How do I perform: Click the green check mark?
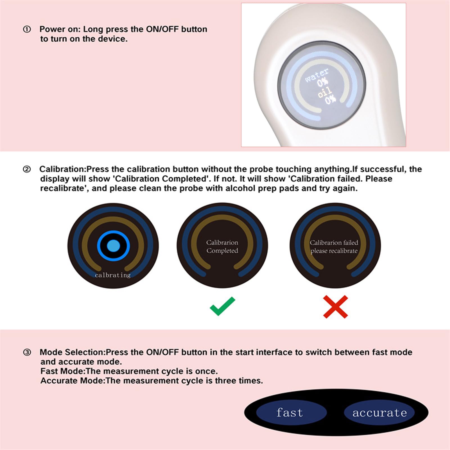(222, 306)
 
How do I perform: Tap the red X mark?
(336, 307)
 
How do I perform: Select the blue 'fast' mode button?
(291, 413)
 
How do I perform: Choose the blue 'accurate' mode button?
(379, 413)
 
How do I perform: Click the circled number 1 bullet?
(27, 29)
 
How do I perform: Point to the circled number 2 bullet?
(27, 169)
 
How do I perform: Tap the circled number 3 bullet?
(27, 352)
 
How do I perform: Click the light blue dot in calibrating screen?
(114, 246)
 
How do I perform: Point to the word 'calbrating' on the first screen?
(113, 275)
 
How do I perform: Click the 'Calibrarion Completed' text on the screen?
(222, 247)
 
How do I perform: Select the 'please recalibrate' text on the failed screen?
(334, 251)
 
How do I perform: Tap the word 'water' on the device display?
(316, 75)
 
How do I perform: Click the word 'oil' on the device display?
(325, 92)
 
